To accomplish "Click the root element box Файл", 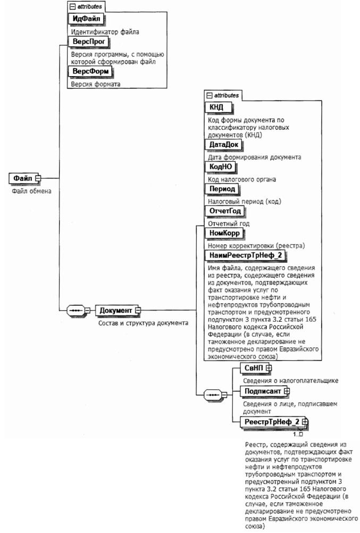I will pyautogui.click(x=22, y=178).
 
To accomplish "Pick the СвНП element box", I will pyautogui.click(x=254, y=368).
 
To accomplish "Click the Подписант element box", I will pyautogui.click(x=263, y=391).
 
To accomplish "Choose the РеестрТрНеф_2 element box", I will pyautogui.click(x=271, y=422).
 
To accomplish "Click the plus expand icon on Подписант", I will pyautogui.click(x=287, y=391).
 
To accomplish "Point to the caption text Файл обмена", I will pyautogui.click(x=31, y=191).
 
